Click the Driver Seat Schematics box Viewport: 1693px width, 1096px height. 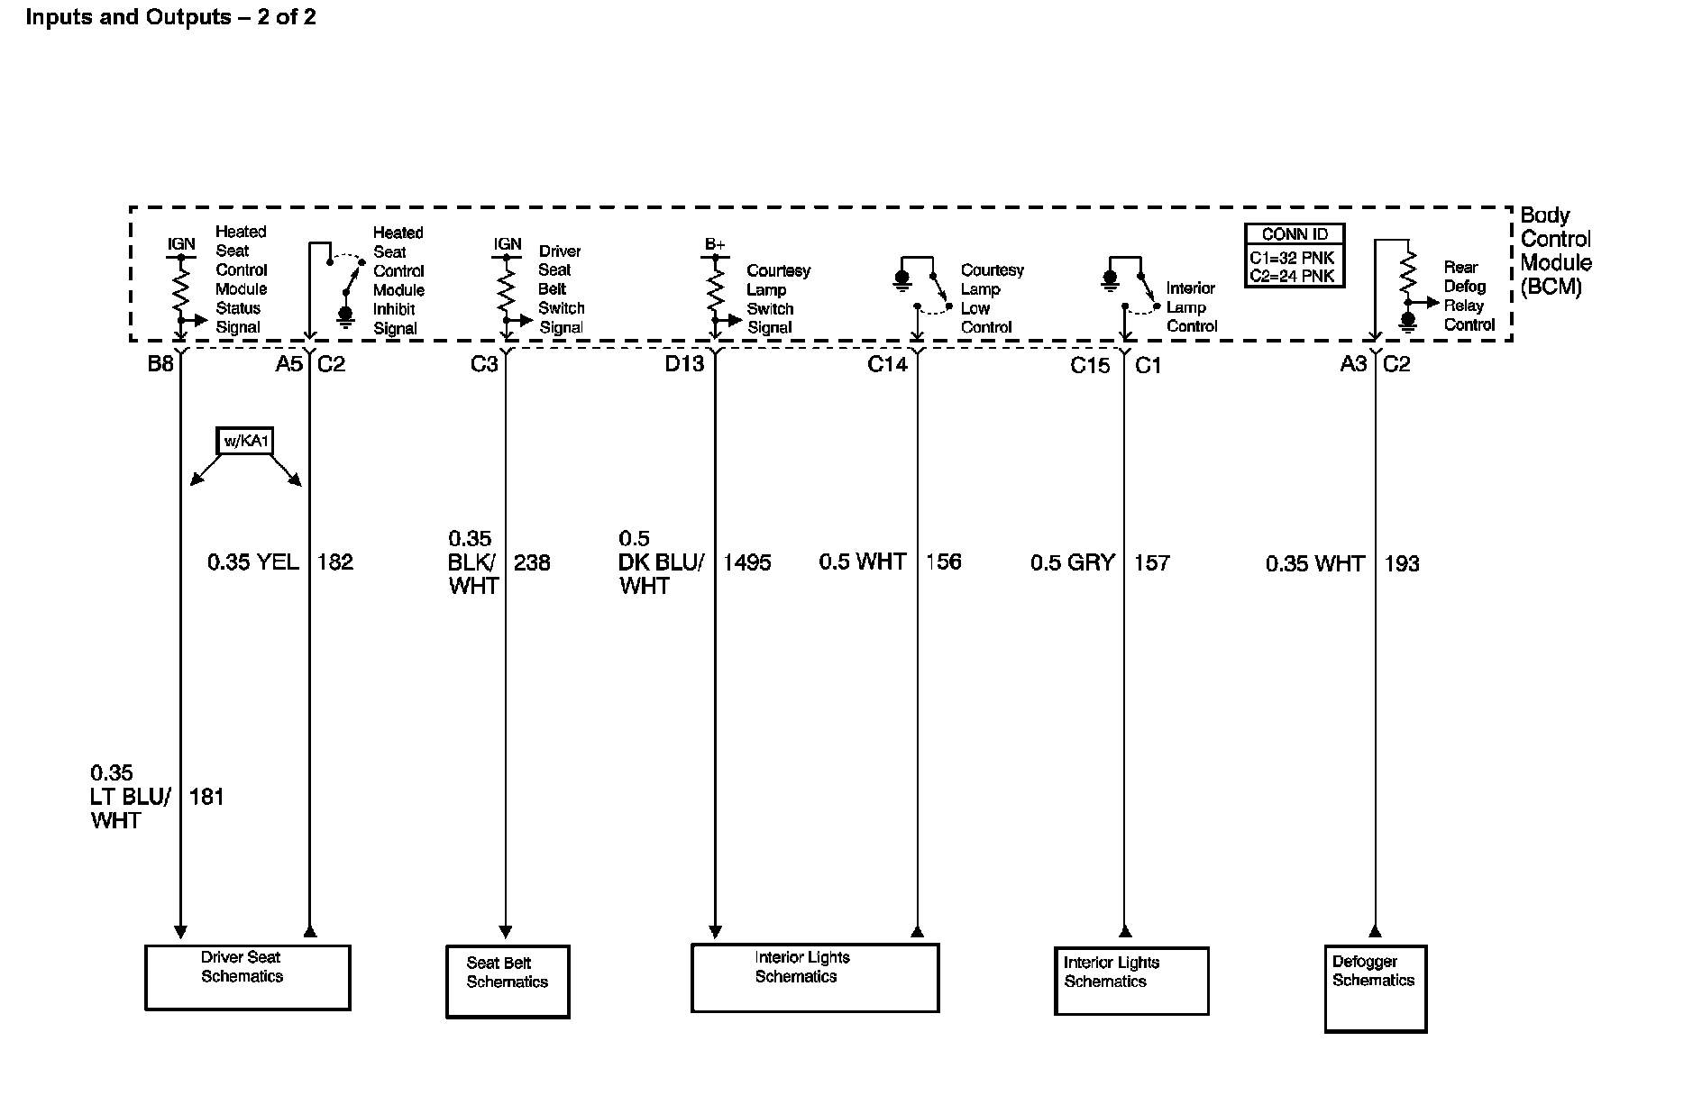(247, 977)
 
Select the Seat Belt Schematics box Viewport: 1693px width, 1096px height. (508, 982)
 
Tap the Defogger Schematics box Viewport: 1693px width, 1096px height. (1375, 988)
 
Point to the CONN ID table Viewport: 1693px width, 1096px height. (1294, 255)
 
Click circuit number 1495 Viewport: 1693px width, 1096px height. (746, 562)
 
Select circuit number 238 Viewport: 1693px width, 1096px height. (532, 562)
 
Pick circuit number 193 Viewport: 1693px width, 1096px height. (1402, 563)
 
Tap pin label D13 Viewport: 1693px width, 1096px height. (684, 364)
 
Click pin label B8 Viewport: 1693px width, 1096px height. (160, 364)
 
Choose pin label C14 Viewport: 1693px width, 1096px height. (887, 364)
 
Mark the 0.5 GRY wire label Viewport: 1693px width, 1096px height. (1073, 562)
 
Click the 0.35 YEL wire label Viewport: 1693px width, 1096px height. (253, 562)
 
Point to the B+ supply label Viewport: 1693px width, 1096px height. (715, 244)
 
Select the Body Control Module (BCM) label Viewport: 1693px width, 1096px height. (1555, 251)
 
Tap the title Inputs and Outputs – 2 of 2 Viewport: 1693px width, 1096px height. (170, 17)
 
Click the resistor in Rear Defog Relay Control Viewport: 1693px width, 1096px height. (1406, 273)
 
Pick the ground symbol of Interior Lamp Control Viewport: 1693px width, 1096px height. (1110, 280)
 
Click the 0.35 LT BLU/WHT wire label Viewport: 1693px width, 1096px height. (130, 797)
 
